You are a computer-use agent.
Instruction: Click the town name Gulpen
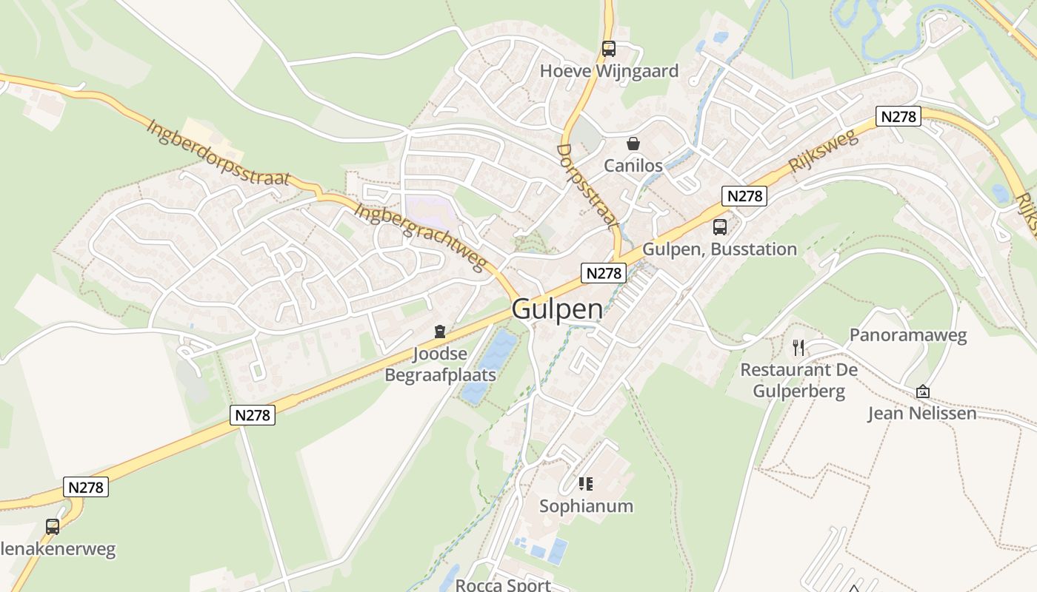point(557,309)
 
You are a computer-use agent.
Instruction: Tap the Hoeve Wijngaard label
point(609,71)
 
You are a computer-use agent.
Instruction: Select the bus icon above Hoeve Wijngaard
point(609,49)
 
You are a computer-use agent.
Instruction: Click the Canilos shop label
point(633,165)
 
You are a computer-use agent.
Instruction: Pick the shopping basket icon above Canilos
point(633,144)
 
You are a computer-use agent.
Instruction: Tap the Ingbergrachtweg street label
point(420,237)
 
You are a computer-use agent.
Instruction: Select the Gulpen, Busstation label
point(719,249)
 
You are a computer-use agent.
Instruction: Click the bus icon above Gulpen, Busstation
point(720,227)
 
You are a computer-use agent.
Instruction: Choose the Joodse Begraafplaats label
point(440,364)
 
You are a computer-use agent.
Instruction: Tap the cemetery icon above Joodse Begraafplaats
point(440,332)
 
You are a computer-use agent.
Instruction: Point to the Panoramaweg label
point(908,335)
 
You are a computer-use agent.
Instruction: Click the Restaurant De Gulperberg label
point(798,380)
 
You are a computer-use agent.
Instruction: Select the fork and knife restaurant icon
point(798,347)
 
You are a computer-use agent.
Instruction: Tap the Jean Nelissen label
point(922,413)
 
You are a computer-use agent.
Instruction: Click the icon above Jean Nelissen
point(923,391)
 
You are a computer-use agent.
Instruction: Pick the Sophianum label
point(586,506)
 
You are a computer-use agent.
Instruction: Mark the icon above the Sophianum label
point(586,484)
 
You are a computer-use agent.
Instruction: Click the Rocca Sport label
point(503,585)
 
